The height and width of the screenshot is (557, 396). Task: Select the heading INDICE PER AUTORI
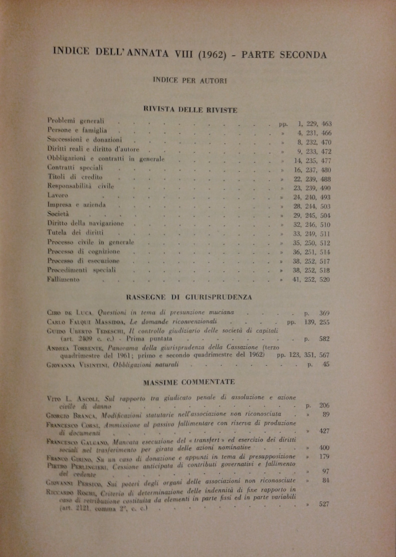190,81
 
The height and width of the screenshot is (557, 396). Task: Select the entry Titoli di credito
75,177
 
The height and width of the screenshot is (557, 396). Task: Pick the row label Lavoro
58,195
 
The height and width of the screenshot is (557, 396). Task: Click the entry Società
58,214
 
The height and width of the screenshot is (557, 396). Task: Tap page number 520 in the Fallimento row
325,280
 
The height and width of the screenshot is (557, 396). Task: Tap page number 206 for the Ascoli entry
324,406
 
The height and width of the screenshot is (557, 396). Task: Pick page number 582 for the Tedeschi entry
324,339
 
